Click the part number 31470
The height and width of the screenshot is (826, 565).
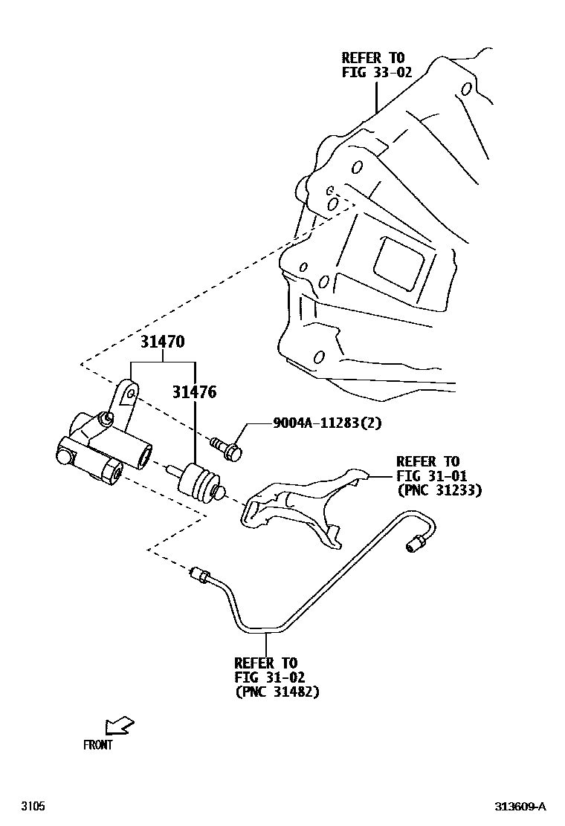coord(162,342)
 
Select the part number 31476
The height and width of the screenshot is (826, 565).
coord(195,392)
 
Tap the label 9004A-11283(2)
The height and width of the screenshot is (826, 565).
coord(327,423)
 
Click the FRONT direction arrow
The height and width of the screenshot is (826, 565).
coord(120,726)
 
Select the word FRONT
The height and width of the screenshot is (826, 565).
coord(97,745)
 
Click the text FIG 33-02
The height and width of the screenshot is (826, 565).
coord(377,72)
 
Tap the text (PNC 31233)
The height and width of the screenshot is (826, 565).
coord(440,490)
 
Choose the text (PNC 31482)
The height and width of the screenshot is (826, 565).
coord(277,691)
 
